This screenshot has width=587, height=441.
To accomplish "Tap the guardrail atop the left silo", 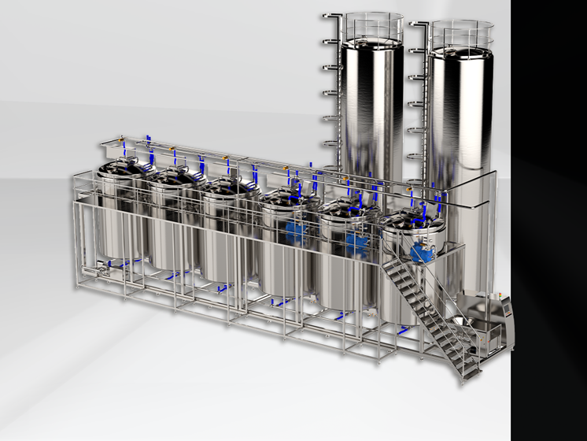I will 372,24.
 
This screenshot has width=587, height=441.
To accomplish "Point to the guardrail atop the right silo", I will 461,30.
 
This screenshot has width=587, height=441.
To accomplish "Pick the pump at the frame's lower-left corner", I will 98,271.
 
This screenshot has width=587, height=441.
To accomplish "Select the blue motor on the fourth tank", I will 297,231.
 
